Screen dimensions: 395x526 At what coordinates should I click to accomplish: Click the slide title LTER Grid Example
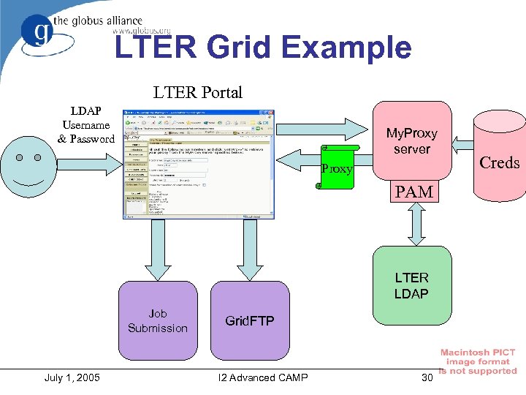pos(263,48)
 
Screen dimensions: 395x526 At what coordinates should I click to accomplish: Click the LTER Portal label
pos(197,92)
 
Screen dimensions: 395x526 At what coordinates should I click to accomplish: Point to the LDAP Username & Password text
pos(86,124)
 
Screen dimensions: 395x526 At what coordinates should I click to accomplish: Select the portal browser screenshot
pos(199,164)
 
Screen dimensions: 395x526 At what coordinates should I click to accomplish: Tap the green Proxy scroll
pos(336,167)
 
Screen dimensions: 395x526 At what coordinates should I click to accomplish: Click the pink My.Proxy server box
pos(411,140)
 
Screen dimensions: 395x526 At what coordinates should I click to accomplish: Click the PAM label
pos(414,192)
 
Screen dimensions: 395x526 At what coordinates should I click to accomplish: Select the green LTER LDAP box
pos(411,286)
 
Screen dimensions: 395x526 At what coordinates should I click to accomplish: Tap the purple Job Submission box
pos(158,320)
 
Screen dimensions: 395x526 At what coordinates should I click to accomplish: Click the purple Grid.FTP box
pos(249,320)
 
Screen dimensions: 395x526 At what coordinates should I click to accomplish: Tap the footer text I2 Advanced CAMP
pos(263,377)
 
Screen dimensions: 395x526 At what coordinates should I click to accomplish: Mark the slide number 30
pos(427,377)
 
